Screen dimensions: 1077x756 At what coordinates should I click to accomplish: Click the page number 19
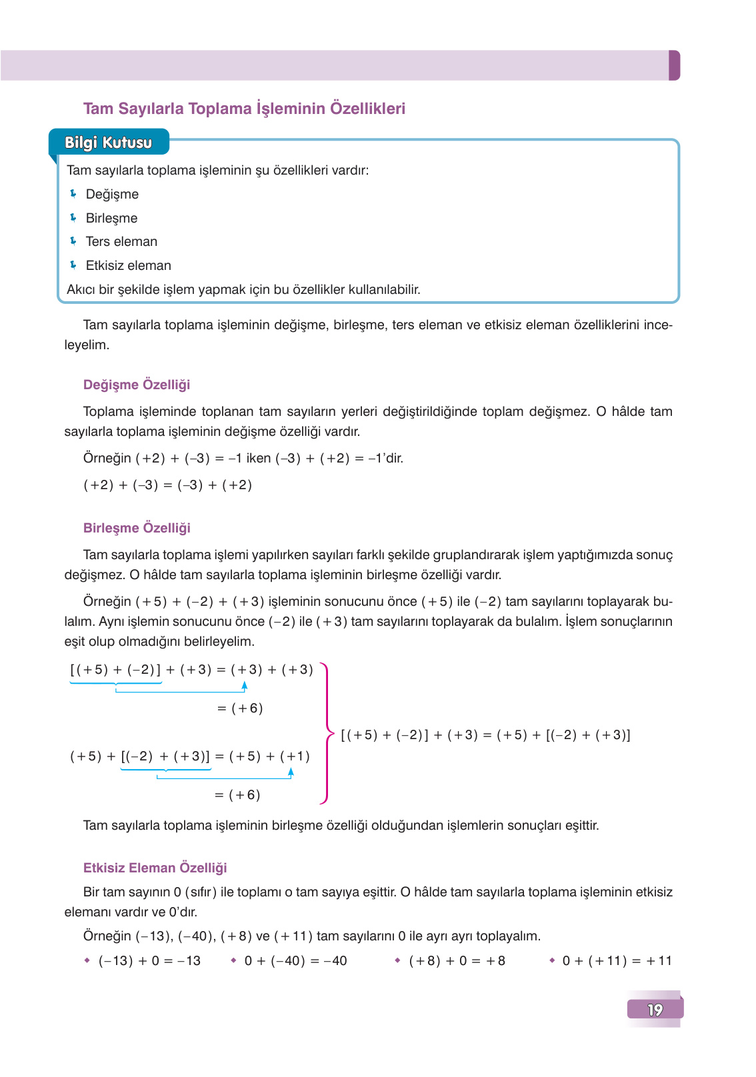pos(655,1010)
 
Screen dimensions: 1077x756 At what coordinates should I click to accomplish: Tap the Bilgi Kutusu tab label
pos(108,143)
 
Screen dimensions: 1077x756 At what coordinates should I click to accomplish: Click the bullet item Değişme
pos(112,195)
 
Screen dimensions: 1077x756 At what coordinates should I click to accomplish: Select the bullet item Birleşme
pos(111,219)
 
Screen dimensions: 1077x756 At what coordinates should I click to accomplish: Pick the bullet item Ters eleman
pos(121,242)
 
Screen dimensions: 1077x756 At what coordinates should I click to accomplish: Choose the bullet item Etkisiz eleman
pos(128,266)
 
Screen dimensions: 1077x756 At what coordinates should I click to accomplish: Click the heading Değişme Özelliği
pos(137,385)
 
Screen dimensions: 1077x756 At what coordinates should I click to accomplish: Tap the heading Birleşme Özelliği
pos(137,528)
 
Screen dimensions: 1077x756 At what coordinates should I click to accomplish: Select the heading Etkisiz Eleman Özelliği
pos(155,868)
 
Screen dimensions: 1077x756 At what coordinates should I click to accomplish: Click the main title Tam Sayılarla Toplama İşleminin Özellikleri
pos(244,109)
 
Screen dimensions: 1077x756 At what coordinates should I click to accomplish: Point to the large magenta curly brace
pos(326,733)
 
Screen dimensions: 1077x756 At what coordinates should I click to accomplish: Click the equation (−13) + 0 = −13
pos(149,961)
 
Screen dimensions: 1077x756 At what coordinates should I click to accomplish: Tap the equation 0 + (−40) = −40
pos(295,961)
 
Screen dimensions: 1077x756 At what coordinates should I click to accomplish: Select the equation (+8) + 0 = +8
pos(457,961)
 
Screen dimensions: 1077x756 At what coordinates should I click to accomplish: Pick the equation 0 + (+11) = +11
pos(617,961)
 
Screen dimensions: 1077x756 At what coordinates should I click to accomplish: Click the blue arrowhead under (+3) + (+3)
pos(245,685)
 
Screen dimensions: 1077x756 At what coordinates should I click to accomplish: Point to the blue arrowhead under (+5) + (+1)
pos(291,772)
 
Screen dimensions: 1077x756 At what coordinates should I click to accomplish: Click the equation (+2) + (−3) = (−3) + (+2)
pos(167,485)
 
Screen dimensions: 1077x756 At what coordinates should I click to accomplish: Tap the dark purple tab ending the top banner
pos(674,65)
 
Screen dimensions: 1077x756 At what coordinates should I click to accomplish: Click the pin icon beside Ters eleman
pos(73,241)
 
